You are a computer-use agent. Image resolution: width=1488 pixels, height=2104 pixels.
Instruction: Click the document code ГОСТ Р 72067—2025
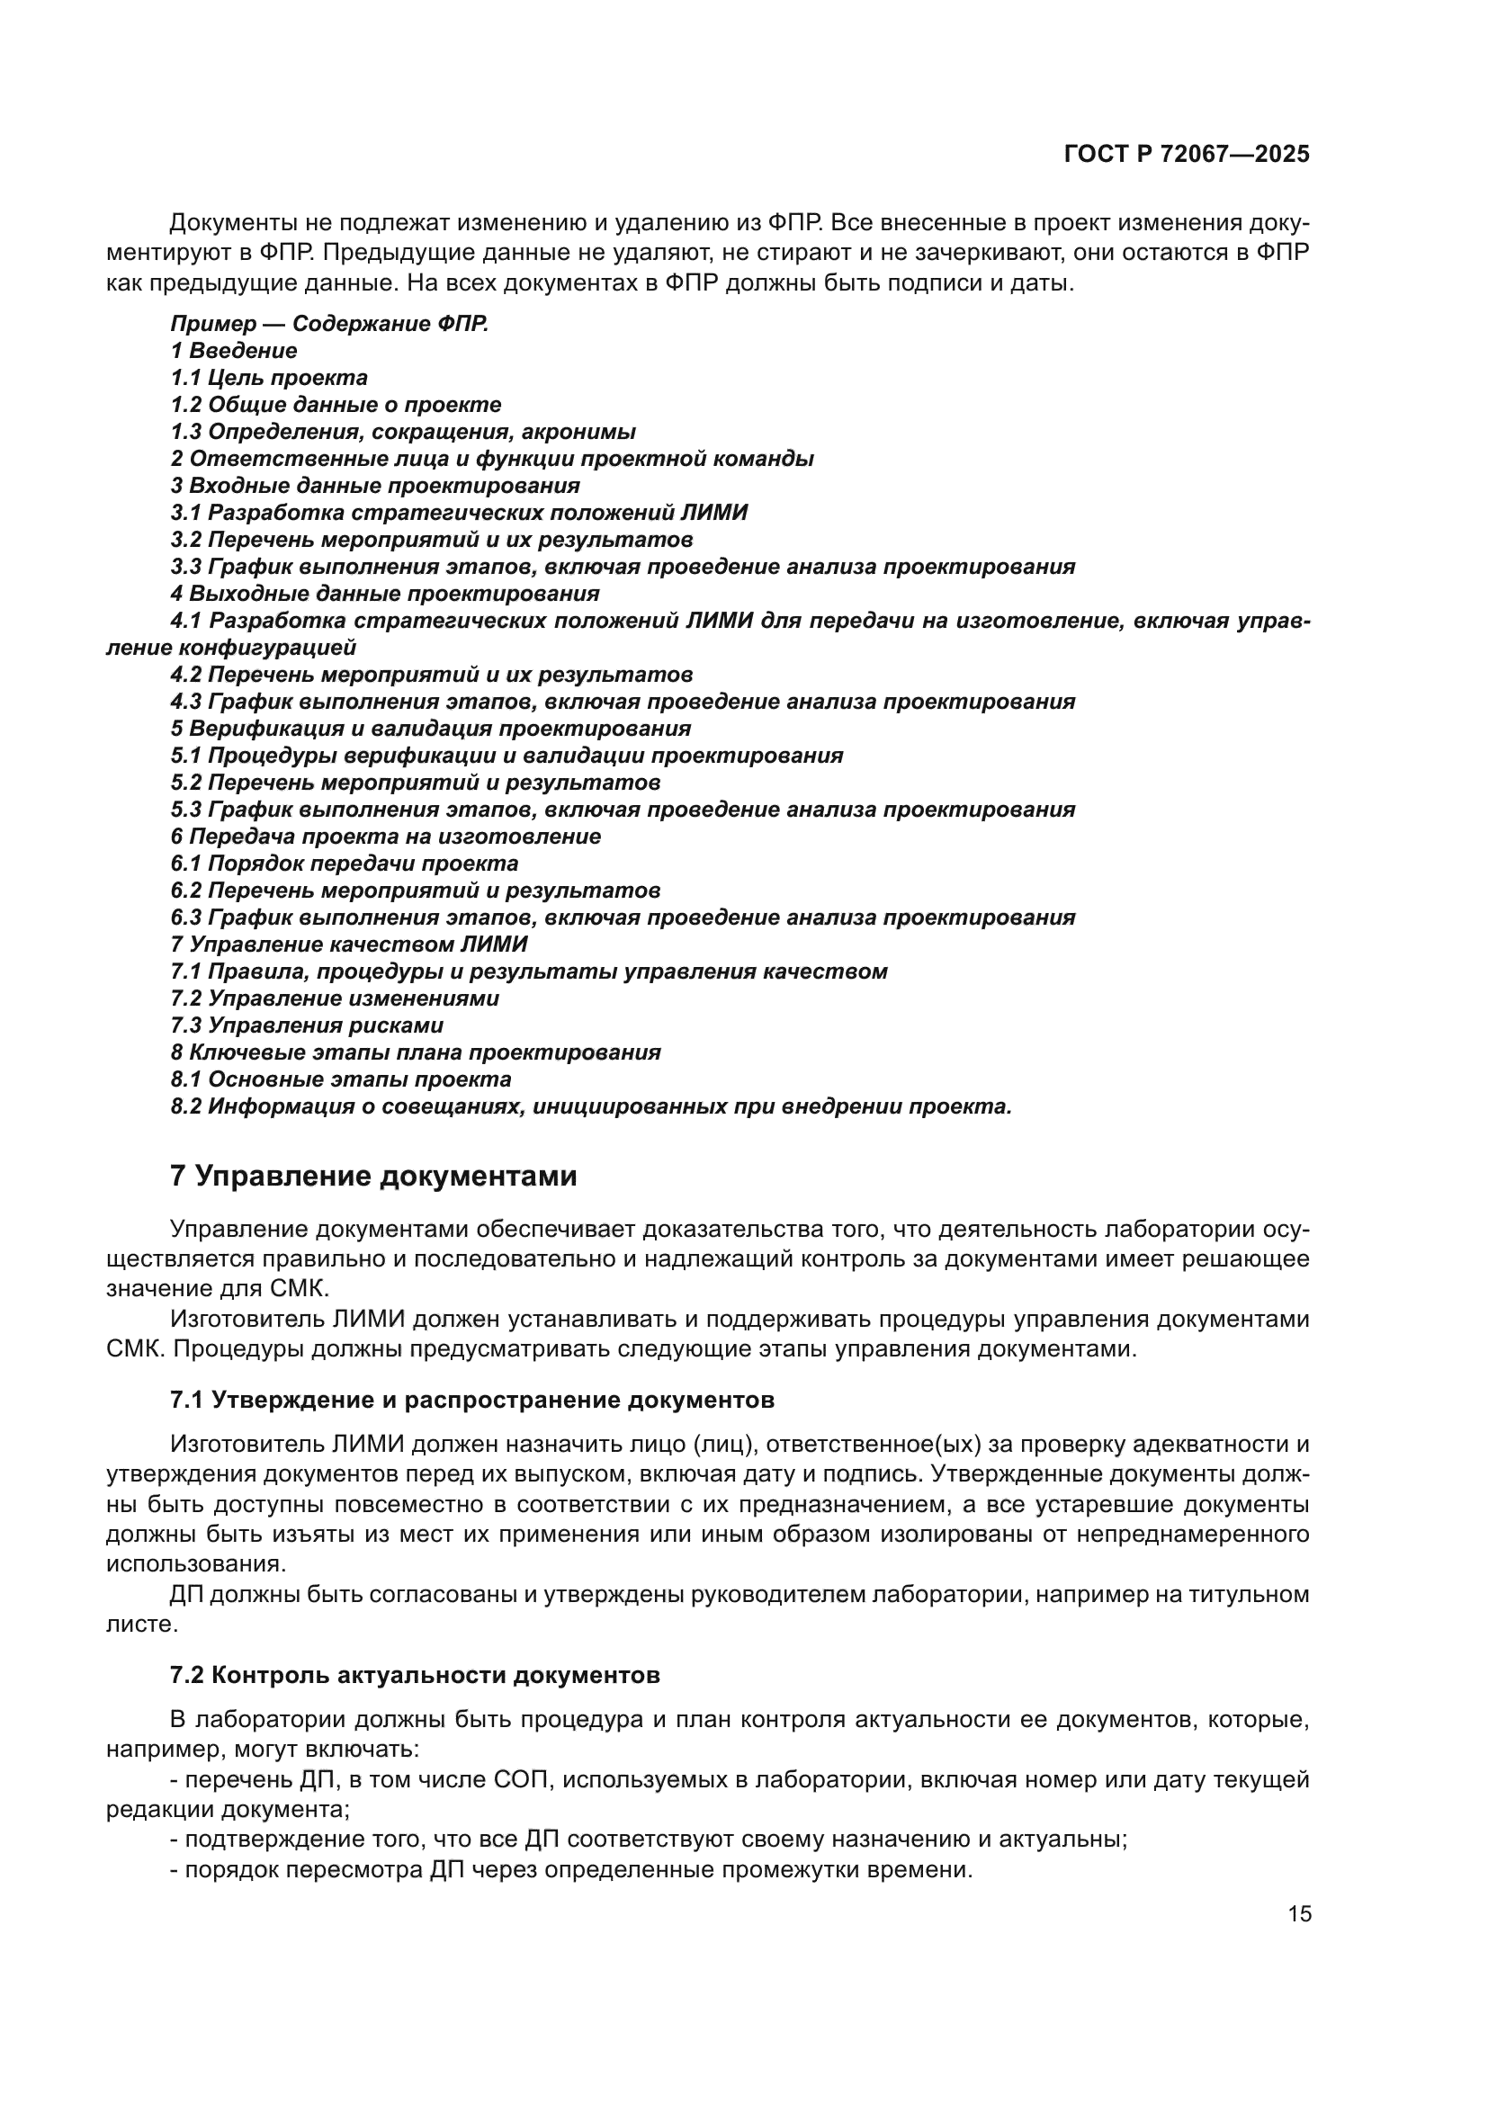pos(1187,154)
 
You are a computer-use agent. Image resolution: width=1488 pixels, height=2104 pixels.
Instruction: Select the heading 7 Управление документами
pos(374,1176)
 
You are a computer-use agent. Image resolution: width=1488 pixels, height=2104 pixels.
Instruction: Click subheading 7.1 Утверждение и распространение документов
pos(472,1400)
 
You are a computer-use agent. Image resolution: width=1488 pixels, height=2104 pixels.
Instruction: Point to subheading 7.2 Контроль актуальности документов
pos(415,1675)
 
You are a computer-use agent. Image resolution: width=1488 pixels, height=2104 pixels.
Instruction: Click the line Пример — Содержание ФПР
pos(329,324)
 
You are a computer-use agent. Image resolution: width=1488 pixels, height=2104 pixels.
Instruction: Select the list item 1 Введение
pos(234,351)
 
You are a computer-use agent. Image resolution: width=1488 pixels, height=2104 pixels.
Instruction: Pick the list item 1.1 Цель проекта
pos(268,378)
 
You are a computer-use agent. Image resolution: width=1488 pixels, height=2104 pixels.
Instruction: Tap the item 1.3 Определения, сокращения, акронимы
pos(403,432)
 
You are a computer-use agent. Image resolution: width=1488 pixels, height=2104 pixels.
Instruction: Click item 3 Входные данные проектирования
pos(375,486)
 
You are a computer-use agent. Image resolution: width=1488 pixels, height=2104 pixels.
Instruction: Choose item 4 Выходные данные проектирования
pos(385,594)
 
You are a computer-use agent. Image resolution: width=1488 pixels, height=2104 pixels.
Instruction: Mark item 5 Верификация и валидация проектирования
pos(431,729)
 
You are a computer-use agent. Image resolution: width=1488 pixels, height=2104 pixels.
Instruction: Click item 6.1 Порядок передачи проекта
pos(345,864)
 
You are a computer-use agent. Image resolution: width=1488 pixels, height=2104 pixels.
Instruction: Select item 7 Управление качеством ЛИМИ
pos(349,944)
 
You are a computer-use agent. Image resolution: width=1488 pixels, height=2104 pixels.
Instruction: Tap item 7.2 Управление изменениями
pos(335,998)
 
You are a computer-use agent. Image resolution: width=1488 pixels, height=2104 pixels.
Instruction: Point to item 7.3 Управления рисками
pos(307,1025)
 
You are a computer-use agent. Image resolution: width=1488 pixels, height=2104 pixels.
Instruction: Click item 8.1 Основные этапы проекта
pos(341,1079)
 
